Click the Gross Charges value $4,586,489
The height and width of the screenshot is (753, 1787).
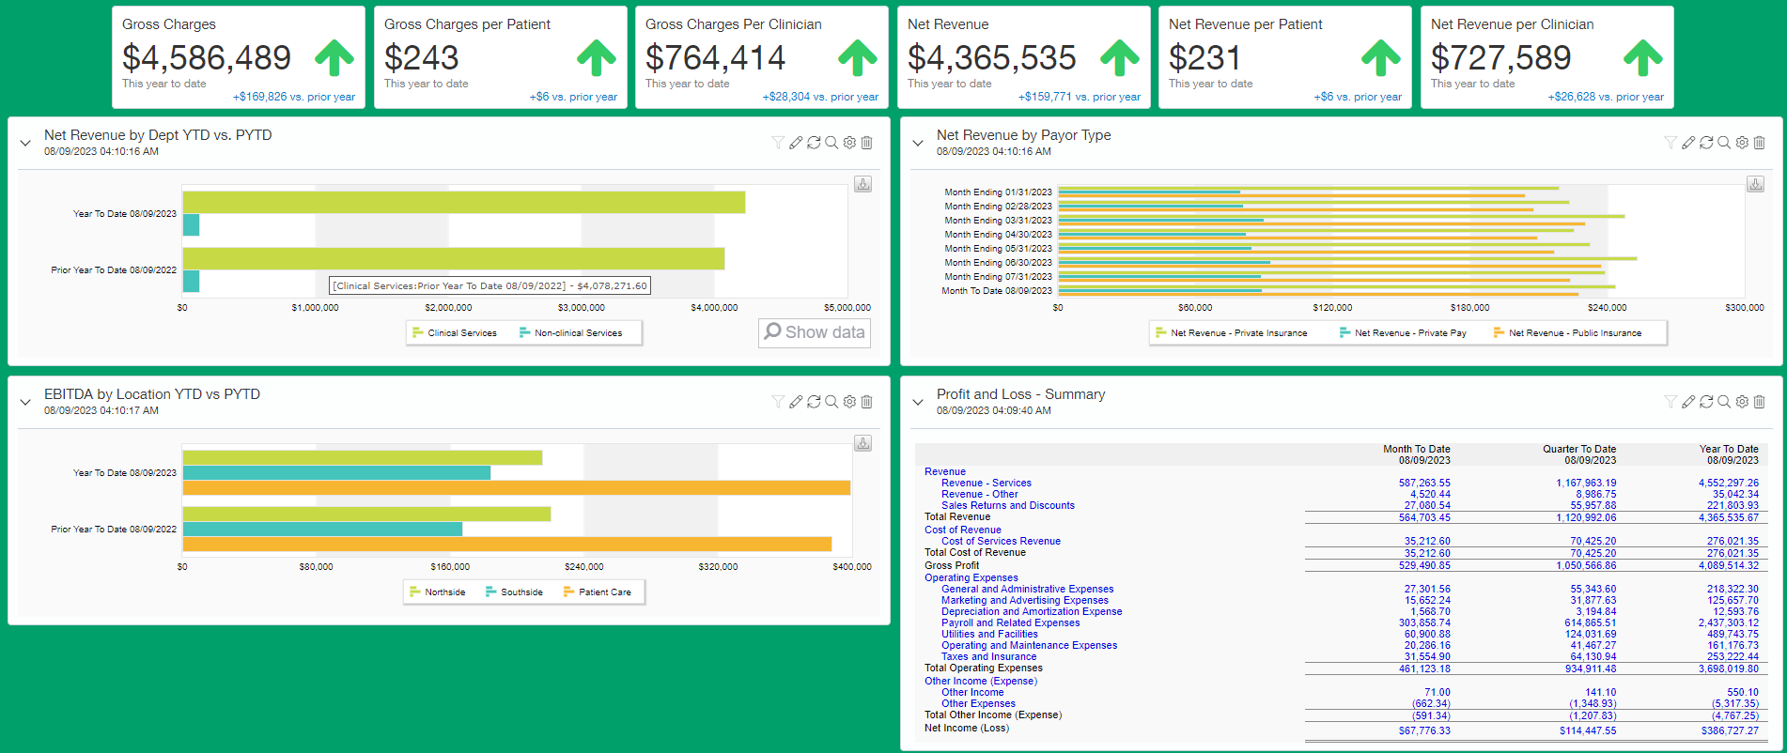207,58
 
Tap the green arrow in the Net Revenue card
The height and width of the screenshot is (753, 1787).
1119,57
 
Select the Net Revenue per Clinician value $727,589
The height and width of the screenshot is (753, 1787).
1500,58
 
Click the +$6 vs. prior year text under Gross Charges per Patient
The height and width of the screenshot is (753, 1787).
573,97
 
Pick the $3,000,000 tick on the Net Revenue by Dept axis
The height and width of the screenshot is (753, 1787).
582,308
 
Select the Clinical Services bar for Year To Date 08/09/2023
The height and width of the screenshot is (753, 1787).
463,203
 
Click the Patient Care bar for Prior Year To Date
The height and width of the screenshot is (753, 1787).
507,544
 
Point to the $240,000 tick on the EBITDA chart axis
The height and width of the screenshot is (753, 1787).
584,567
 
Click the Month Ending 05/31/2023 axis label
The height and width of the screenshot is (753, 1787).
998,249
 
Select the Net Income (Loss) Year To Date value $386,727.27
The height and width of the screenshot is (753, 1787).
1730,730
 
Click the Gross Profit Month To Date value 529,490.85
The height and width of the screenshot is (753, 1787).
1424,566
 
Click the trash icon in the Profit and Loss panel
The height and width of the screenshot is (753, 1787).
1759,402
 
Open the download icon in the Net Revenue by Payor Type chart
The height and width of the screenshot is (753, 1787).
1755,185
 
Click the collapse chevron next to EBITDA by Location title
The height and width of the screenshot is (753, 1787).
25,402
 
